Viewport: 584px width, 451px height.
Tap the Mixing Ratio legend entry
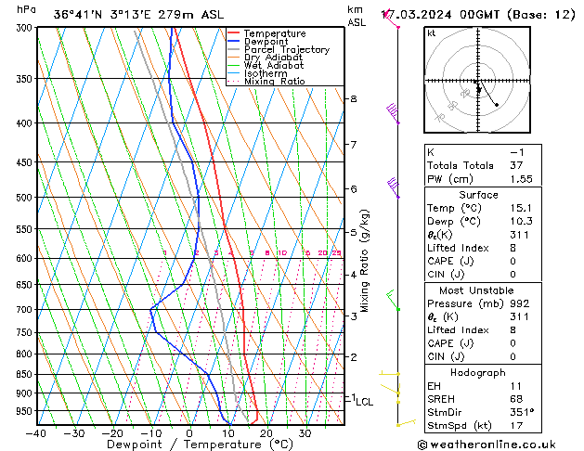[275, 82]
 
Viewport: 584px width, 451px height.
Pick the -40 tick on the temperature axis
[37, 433]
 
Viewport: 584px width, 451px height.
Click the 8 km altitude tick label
[354, 99]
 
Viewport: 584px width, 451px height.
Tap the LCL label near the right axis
[365, 402]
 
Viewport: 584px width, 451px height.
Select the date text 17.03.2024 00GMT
[451, 14]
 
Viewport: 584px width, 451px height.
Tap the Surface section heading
[478, 195]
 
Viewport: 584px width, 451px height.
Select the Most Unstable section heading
[478, 290]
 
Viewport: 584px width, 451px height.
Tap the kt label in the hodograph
[431, 33]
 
